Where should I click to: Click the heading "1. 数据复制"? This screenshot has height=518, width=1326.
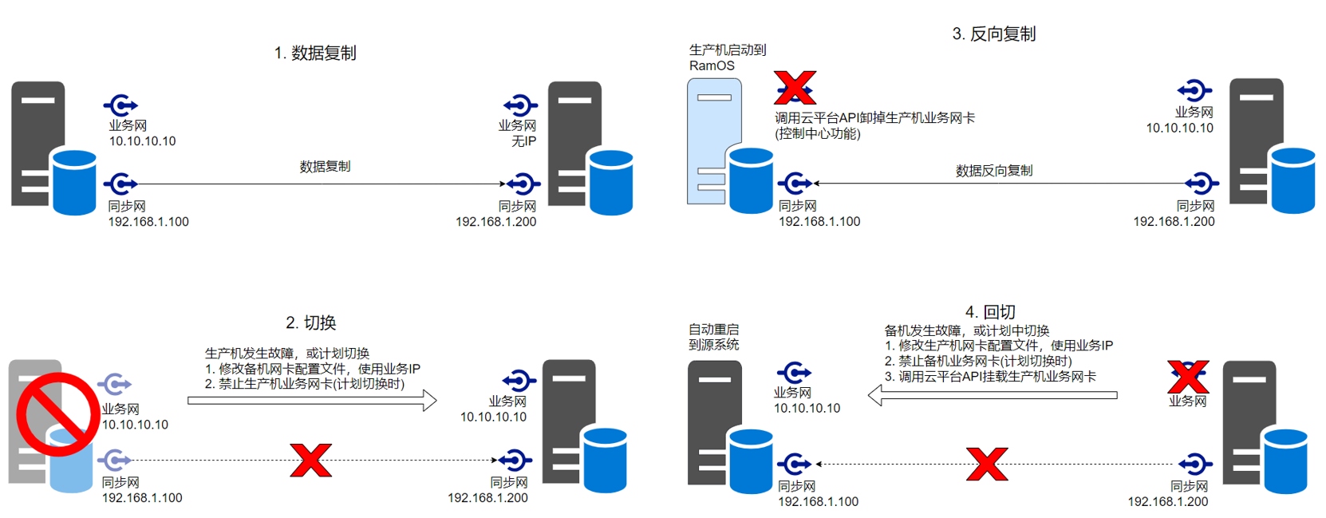click(x=314, y=53)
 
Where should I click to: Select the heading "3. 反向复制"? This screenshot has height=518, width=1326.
click(x=993, y=34)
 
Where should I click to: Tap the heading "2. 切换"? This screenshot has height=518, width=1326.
click(x=310, y=323)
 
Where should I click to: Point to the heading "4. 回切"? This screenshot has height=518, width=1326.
click(x=989, y=312)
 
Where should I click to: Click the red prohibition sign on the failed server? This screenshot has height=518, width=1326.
click(x=57, y=413)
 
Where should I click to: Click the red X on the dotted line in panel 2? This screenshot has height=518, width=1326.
click(x=310, y=461)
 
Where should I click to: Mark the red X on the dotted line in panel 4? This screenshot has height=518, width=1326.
click(x=987, y=464)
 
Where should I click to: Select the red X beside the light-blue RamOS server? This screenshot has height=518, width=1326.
click(x=795, y=88)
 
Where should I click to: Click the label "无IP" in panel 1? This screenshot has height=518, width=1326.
click(x=523, y=141)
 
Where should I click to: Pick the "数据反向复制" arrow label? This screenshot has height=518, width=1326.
click(x=993, y=171)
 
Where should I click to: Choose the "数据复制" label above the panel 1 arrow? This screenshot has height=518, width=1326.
click(x=325, y=167)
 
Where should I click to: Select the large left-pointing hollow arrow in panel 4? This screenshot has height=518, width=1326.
click(x=992, y=395)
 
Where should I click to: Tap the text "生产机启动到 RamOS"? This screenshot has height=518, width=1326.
click(x=726, y=57)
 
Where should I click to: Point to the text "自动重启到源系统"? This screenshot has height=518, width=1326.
click(x=713, y=337)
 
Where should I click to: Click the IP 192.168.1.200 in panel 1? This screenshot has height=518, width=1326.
click(x=495, y=222)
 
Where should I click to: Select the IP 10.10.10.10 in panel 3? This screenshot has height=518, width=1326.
click(x=1179, y=128)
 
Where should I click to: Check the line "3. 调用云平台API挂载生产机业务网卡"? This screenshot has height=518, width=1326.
click(x=989, y=377)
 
